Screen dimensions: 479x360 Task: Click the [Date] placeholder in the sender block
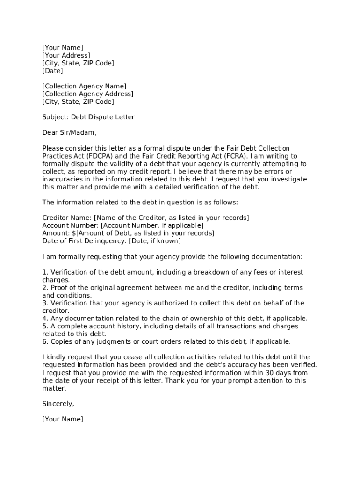click(x=52, y=71)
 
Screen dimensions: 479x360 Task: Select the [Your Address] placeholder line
click(x=66, y=55)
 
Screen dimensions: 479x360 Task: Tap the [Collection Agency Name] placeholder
click(x=84, y=86)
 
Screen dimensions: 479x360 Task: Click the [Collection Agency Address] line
click(x=87, y=94)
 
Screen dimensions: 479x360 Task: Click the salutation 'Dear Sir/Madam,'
click(x=69, y=132)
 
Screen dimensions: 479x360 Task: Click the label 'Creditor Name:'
click(x=67, y=218)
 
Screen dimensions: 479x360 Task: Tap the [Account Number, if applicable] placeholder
click(x=152, y=225)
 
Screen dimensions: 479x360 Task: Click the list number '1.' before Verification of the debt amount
click(x=45, y=272)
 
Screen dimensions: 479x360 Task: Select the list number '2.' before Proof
click(x=45, y=287)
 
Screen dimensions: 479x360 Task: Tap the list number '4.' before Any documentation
click(x=45, y=318)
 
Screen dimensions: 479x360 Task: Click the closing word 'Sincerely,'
click(x=58, y=403)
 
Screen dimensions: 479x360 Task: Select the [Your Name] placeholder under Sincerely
click(x=63, y=419)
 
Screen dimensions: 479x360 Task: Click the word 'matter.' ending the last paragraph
click(x=54, y=388)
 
